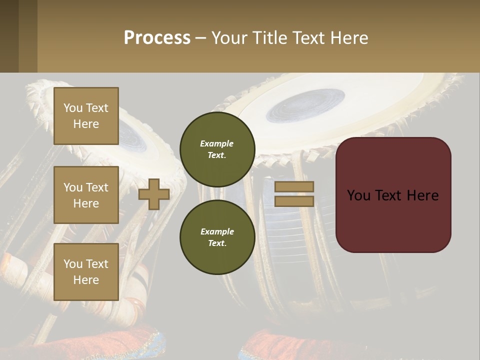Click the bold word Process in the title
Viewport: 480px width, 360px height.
click(x=157, y=37)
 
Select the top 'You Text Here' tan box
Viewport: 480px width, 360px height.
click(x=86, y=116)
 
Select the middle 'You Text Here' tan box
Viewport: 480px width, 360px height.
click(x=86, y=195)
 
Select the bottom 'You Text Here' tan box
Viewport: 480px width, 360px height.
click(x=86, y=272)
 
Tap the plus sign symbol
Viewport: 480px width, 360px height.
click(x=153, y=194)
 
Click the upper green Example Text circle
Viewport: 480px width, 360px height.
click(x=217, y=149)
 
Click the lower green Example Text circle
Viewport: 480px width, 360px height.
click(x=217, y=237)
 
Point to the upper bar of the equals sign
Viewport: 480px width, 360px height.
click(x=294, y=186)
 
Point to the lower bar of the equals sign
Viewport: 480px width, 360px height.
click(x=294, y=201)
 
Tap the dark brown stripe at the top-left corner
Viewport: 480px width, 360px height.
click(x=9, y=36)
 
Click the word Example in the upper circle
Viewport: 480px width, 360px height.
click(x=217, y=143)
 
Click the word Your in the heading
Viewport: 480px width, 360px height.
click(x=228, y=37)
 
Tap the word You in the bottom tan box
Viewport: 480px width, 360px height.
click(x=73, y=264)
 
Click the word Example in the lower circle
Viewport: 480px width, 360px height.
click(x=217, y=231)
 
